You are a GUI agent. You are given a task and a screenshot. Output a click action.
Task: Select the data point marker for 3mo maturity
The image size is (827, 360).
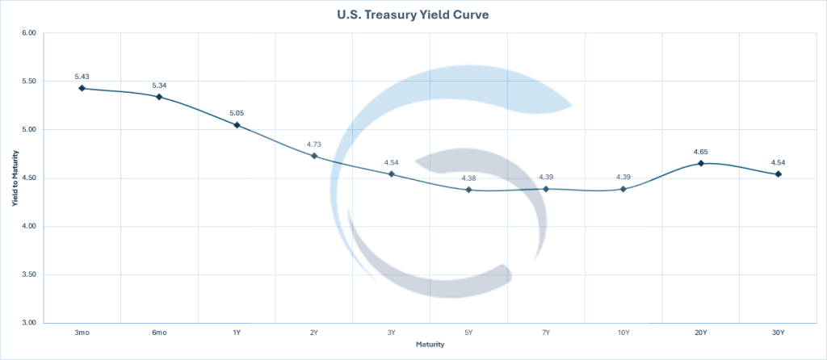coord(82,88)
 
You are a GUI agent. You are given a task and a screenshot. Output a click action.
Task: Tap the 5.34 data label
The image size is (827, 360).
coord(159,85)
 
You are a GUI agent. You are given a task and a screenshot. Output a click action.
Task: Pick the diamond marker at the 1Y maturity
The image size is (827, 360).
coord(237,125)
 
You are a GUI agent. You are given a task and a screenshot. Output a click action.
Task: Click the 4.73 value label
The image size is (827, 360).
coord(314,144)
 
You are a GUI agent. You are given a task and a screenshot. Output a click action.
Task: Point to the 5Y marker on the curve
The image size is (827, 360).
coord(468,190)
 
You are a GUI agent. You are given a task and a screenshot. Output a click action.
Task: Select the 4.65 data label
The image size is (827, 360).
coord(700,152)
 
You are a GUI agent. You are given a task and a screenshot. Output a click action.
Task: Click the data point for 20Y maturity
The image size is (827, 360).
coord(700,163)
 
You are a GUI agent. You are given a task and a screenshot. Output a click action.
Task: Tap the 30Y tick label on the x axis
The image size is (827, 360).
coord(778,333)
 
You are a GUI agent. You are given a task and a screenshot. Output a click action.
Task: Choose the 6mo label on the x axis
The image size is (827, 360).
coord(159,333)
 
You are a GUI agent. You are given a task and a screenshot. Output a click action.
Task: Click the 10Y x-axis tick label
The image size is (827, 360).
coord(623,333)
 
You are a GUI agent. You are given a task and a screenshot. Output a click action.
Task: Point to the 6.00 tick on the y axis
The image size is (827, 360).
coord(29,33)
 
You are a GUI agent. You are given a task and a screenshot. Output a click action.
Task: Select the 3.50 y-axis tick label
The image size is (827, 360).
coord(29,275)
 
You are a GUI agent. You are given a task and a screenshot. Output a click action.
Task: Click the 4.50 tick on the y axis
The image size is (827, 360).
coord(29,178)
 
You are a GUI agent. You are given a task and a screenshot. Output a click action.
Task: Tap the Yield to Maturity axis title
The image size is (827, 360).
coord(14,178)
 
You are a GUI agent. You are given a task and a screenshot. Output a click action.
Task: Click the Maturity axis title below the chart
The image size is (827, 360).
coord(430,345)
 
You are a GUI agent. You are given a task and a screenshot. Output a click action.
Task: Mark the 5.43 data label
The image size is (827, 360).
coord(82,76)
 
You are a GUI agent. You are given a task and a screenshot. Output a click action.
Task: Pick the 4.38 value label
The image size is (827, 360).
coord(468,178)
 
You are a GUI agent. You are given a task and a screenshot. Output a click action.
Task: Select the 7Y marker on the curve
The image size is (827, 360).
coord(546,189)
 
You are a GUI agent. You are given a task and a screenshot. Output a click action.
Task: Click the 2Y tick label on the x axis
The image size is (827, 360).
coord(314,333)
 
